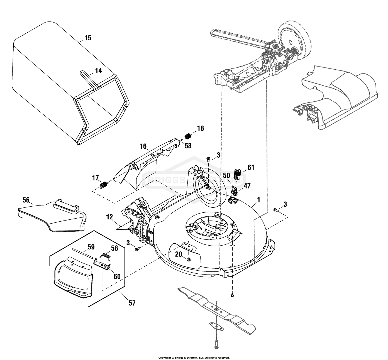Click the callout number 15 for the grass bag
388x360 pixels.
tap(88, 38)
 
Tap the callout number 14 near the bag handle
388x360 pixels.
tap(99, 70)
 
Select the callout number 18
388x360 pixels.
tap(201, 128)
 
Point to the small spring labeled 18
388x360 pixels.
tap(187, 136)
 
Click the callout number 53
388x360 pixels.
tap(188, 146)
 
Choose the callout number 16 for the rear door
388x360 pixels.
tap(143, 146)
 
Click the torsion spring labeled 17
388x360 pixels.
tap(104, 185)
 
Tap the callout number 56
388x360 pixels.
tap(26, 200)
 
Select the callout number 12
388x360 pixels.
tap(109, 217)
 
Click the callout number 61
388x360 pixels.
tap(251, 167)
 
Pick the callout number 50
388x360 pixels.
tap(226, 175)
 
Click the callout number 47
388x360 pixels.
tap(247, 186)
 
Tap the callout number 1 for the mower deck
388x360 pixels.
tap(259, 200)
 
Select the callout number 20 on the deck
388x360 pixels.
tap(179, 254)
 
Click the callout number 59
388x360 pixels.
tap(91, 247)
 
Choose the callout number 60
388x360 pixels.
tap(117, 276)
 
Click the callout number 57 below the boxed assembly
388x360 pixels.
tap(132, 303)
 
